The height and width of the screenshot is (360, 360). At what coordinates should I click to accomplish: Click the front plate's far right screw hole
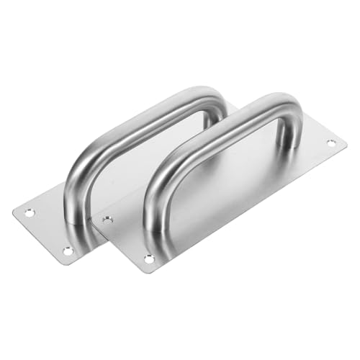click(x=330, y=143)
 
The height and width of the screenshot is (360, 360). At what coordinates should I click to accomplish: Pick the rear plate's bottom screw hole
click(x=67, y=251)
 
